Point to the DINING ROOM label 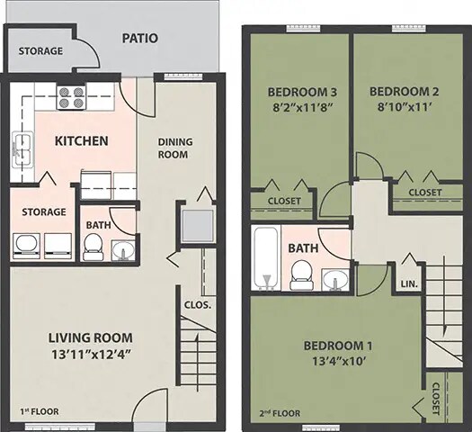[x=174, y=148]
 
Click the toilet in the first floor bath [x=93, y=246]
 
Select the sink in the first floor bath [x=122, y=249]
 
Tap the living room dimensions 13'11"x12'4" [x=91, y=354]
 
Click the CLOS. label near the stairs [x=197, y=304]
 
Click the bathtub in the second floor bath [x=265, y=257]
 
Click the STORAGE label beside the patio [x=40, y=51]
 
